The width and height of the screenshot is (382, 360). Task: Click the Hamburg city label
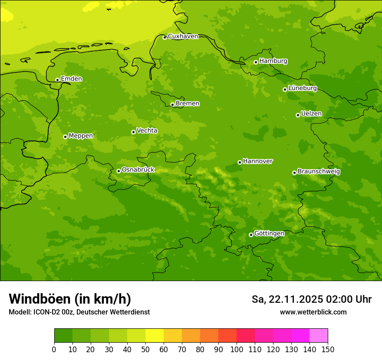pyautogui.click(x=273, y=61)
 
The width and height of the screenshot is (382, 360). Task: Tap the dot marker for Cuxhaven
pyautogui.click(x=165, y=37)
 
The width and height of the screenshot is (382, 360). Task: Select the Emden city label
pyautogui.click(x=71, y=79)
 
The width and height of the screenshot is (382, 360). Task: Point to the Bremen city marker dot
pyautogui.click(x=172, y=105)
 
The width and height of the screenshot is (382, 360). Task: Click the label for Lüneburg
pyautogui.click(x=302, y=88)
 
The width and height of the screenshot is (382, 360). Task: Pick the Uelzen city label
pyautogui.click(x=311, y=114)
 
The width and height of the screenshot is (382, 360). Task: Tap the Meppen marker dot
pyautogui.click(x=65, y=137)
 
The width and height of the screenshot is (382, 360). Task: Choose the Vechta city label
pyautogui.click(x=147, y=131)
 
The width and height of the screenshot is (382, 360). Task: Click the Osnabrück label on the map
pyautogui.click(x=138, y=170)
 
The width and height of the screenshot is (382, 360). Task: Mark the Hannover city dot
pyautogui.click(x=240, y=162)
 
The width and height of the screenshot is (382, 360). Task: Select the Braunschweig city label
pyautogui.click(x=319, y=171)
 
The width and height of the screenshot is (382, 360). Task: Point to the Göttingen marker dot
pyautogui.click(x=251, y=235)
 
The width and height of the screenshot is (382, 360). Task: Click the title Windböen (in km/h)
pyautogui.click(x=70, y=299)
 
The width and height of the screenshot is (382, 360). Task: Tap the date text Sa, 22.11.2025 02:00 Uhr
pyautogui.click(x=311, y=299)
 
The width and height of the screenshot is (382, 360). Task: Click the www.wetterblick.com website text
pyautogui.click(x=313, y=312)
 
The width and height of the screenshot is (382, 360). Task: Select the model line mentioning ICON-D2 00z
pyautogui.click(x=79, y=312)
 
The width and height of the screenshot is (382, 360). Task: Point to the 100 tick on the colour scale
pyautogui.click(x=237, y=349)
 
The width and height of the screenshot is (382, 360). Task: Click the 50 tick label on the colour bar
pyautogui.click(x=145, y=349)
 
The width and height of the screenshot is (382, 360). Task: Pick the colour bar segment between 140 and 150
pyautogui.click(x=319, y=336)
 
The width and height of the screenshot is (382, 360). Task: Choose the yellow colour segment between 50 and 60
pyautogui.click(x=155, y=336)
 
